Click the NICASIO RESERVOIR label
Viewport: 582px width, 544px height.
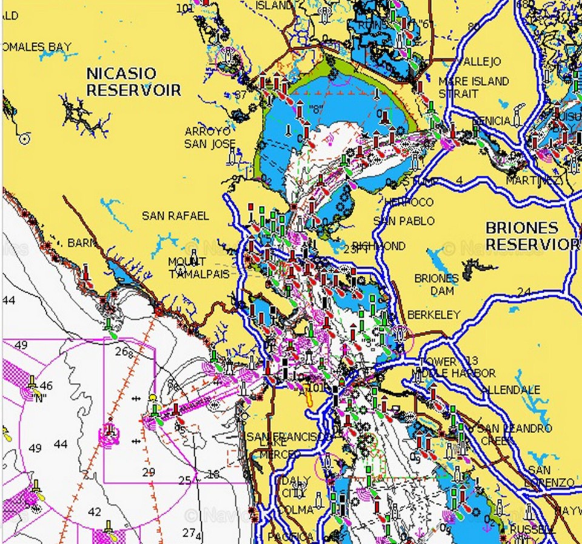(133, 82)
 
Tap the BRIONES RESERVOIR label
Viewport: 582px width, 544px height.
(532, 236)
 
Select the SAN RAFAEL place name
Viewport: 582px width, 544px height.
(175, 216)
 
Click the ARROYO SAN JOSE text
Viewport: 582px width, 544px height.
(207, 138)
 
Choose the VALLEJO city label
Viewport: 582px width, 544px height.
(479, 62)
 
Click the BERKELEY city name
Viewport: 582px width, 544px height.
(433, 315)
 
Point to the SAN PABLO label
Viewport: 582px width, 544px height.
(404, 221)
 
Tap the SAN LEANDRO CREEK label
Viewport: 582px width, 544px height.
(514, 434)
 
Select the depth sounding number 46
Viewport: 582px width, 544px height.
(46, 385)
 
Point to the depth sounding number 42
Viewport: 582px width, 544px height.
(95, 512)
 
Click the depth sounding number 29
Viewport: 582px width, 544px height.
(149, 472)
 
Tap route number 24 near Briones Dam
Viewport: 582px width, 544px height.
(524, 293)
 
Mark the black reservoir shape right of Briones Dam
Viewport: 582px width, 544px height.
(477, 267)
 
